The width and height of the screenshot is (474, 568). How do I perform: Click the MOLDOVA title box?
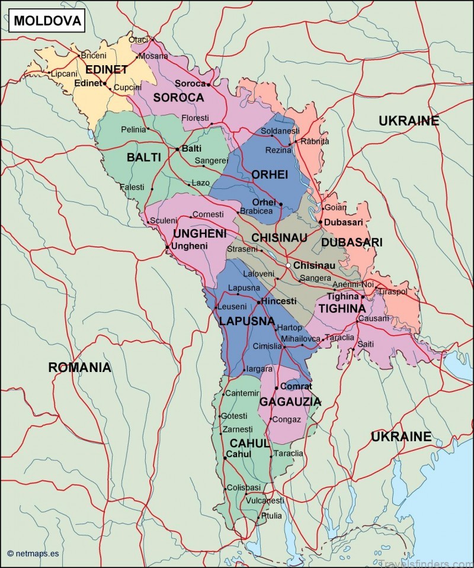coord(46,21)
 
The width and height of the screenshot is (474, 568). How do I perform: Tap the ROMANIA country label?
coord(79,367)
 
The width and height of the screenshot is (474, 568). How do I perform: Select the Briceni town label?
coord(93,56)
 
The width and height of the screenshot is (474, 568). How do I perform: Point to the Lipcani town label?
coord(64,74)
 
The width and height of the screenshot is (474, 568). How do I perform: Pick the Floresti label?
coord(195,118)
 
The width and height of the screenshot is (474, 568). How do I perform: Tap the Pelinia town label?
coord(133,129)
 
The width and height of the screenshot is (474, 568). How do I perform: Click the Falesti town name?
coord(132,187)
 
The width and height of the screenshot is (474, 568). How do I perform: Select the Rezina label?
coord(277,151)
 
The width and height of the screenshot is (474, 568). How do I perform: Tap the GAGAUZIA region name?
coord(290,402)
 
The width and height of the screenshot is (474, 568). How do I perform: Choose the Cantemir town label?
coord(242,393)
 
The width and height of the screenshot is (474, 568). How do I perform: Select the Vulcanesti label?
coord(265,500)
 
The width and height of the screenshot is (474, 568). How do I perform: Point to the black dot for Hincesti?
coord(259,302)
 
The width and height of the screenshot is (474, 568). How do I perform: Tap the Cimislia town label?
coord(267,346)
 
